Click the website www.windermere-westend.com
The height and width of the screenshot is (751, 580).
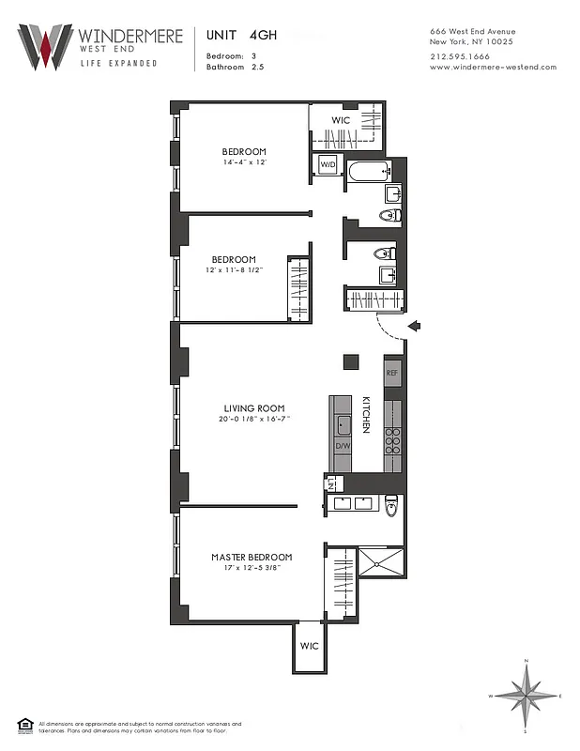coord(493,67)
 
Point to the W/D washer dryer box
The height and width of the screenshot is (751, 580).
coord(328,165)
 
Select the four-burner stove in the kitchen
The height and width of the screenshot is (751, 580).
coord(392,441)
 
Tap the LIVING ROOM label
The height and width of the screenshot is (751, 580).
coord(253,407)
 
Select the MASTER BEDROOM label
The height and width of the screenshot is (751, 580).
coord(252,557)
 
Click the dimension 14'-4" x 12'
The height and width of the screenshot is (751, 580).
coord(244,163)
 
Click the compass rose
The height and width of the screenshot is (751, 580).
coord(527,696)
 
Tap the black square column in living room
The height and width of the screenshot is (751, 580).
coord(350,360)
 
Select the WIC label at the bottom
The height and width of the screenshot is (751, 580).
coord(310,647)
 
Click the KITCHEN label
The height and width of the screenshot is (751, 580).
coord(366,414)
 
